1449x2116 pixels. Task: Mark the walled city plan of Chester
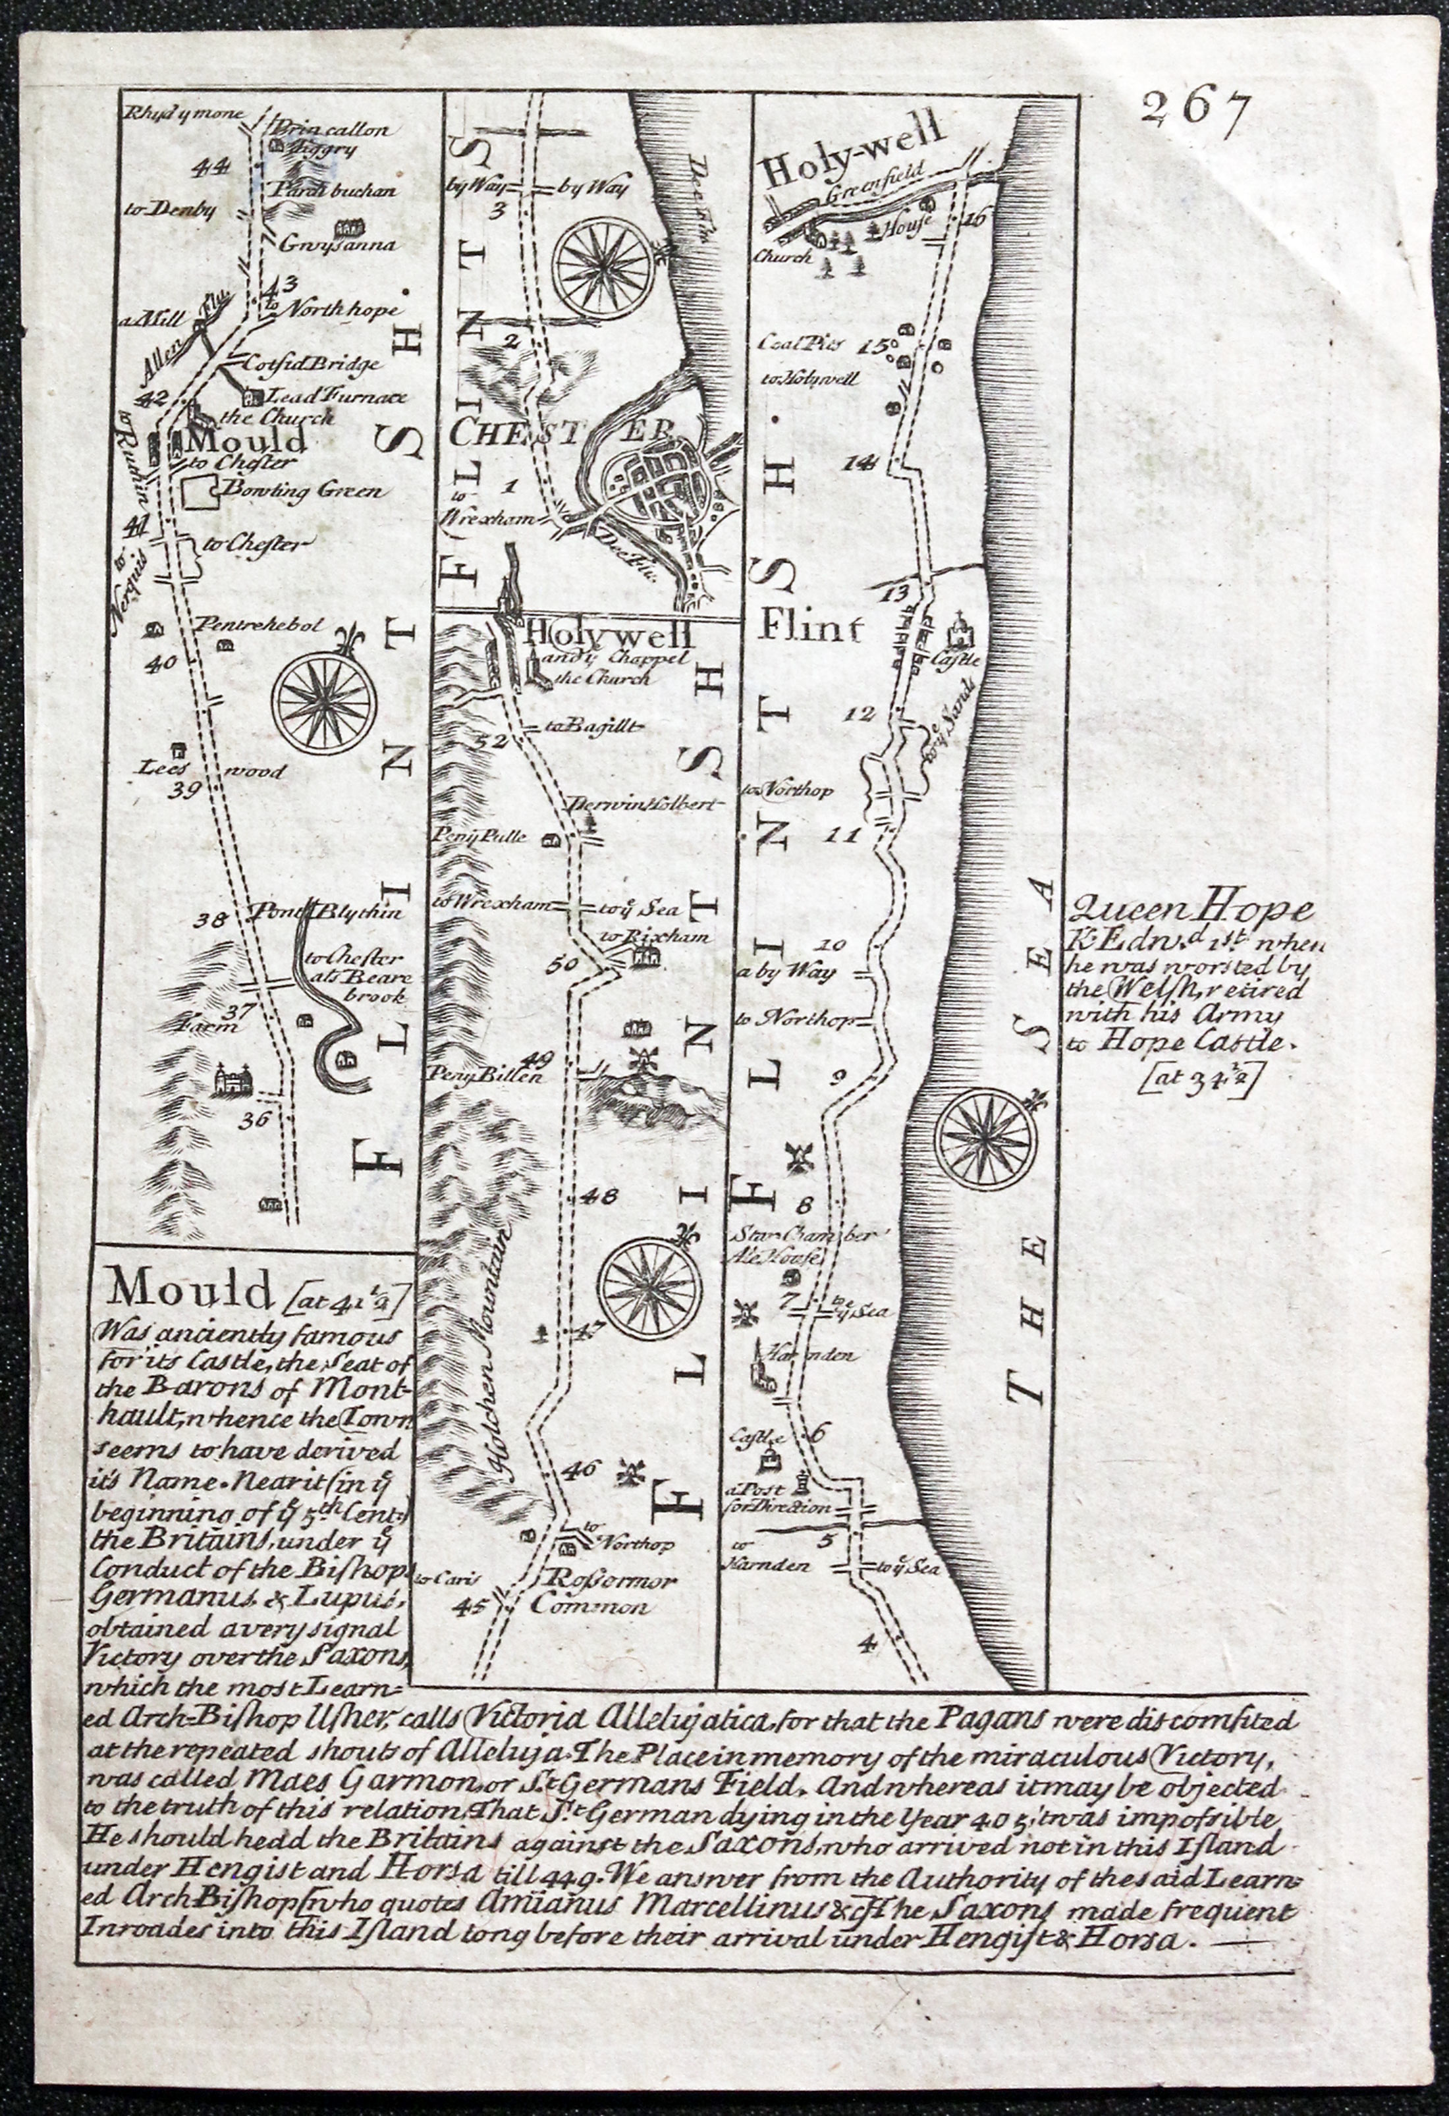coord(664,493)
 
